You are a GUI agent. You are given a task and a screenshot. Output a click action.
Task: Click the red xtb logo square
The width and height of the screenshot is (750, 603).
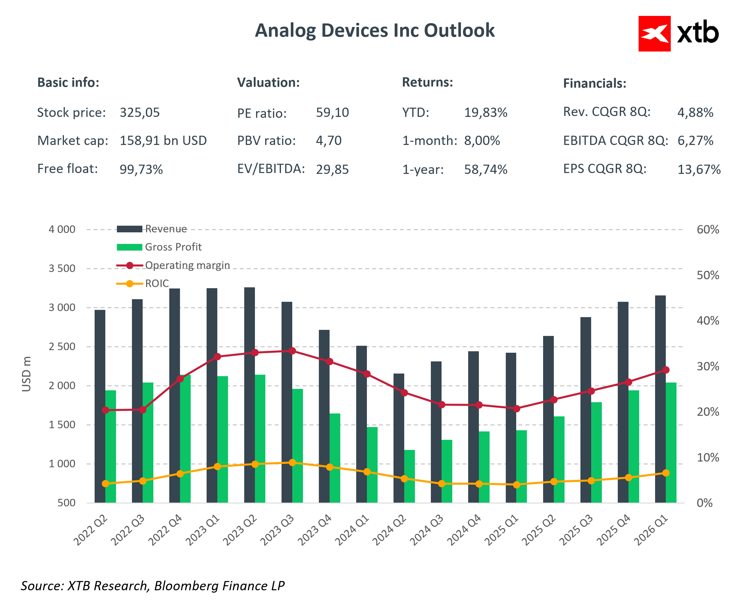tap(654, 34)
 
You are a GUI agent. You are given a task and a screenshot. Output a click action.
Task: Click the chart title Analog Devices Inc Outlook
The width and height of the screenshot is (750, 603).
tap(375, 30)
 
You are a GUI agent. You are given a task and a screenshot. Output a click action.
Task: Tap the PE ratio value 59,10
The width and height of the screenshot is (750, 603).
tap(332, 113)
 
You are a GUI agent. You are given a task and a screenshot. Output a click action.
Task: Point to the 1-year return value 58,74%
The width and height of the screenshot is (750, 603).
tap(486, 170)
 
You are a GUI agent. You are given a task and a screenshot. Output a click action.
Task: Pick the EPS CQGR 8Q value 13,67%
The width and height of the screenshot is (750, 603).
tap(698, 170)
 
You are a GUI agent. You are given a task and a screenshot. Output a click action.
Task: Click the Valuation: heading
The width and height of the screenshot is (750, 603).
tap(268, 82)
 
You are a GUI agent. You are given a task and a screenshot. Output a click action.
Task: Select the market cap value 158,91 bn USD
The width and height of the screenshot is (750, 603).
tap(163, 141)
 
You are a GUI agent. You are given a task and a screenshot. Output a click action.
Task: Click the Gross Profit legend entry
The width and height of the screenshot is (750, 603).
tap(173, 247)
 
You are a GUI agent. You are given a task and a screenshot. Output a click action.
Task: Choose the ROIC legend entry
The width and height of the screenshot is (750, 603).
tap(157, 284)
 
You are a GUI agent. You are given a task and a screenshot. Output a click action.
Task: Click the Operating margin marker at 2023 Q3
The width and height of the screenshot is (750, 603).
tap(292, 351)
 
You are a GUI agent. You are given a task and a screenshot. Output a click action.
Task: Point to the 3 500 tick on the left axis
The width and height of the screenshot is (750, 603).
tap(62, 269)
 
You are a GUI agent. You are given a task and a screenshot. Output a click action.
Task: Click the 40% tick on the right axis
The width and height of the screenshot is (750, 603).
tap(707, 321)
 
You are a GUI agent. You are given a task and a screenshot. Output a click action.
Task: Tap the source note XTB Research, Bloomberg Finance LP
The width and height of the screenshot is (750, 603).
tap(153, 586)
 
